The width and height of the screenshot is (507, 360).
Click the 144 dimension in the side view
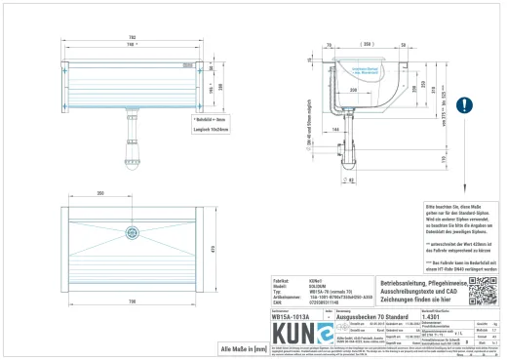coord(333,127)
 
